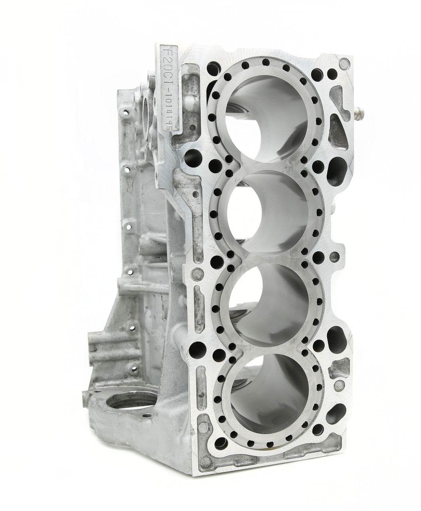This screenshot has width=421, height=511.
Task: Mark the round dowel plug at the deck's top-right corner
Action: click(x=344, y=63)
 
